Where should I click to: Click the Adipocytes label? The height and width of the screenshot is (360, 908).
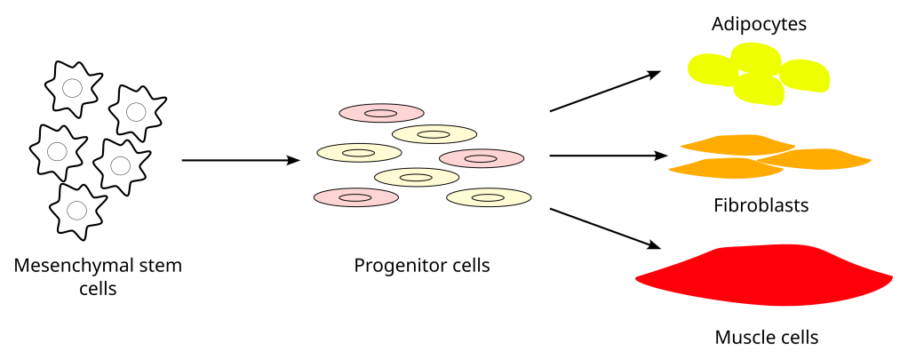tap(759, 24)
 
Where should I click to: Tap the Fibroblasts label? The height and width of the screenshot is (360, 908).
tap(761, 206)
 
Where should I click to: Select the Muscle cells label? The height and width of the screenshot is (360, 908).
tap(766, 338)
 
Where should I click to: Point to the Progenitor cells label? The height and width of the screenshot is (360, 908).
tap(422, 265)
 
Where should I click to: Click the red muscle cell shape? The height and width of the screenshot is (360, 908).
tap(764, 276)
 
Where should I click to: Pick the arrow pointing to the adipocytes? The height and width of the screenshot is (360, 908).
tap(605, 92)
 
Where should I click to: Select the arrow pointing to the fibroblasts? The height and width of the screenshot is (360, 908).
tap(608, 156)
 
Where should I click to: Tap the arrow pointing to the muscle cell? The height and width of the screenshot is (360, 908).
tap(605, 228)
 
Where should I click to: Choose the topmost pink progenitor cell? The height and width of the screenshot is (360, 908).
tap(381, 113)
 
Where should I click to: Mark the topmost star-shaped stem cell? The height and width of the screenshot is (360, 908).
tap(73, 88)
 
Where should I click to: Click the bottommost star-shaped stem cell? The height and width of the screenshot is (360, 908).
tap(77, 211)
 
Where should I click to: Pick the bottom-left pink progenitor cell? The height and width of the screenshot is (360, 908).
tap(355, 196)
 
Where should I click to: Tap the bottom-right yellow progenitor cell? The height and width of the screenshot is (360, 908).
tap(489, 196)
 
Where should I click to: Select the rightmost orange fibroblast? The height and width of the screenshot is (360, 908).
tap(817, 159)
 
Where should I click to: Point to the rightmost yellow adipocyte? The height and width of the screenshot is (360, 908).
tap(805, 76)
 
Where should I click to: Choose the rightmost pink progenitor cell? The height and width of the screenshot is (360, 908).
tap(481, 158)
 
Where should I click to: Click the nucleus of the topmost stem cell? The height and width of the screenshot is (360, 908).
tap(73, 88)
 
